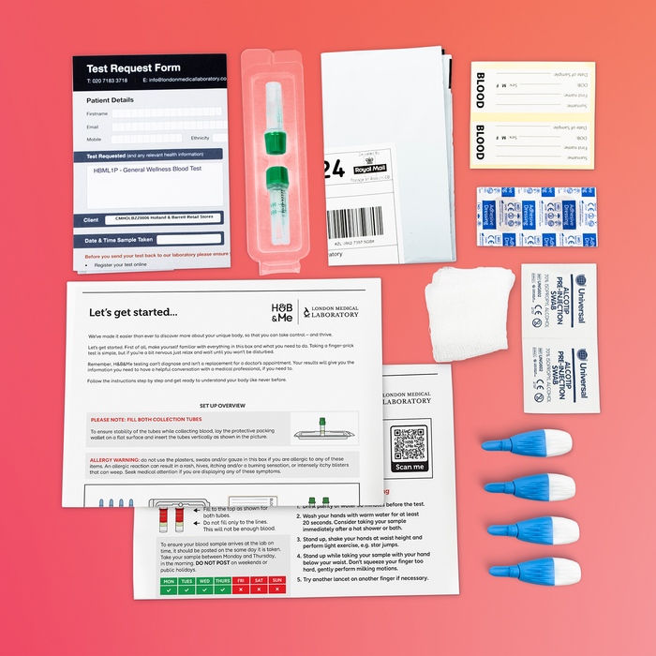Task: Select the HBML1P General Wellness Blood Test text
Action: pos(148,171)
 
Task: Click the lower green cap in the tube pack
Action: pos(277,177)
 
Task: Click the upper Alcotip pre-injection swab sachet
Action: pos(559,301)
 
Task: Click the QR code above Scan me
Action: pos(410,441)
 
